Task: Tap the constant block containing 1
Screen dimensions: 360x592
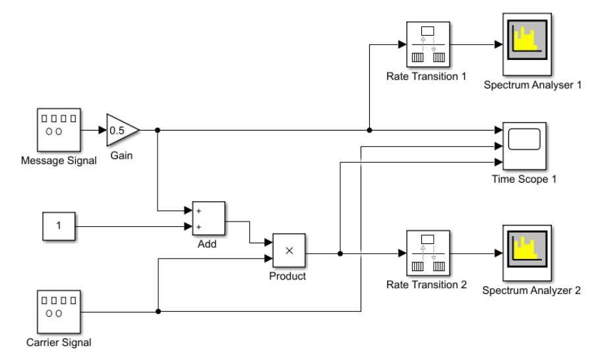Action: click(58, 226)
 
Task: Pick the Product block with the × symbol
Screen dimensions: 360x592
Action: click(289, 251)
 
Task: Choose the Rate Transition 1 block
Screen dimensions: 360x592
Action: click(427, 45)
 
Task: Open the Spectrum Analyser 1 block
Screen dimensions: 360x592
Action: click(527, 45)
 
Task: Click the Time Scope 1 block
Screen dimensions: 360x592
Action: click(524, 146)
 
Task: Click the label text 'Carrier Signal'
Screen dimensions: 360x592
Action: click(58, 342)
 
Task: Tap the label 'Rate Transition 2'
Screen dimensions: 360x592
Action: click(427, 285)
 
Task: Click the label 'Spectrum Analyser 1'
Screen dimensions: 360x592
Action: click(532, 84)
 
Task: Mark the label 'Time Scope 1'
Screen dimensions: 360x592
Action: click(524, 179)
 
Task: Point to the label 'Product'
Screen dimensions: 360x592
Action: click(287, 276)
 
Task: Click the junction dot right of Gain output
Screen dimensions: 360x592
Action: click(157, 130)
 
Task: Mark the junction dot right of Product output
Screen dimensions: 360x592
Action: click(340, 253)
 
